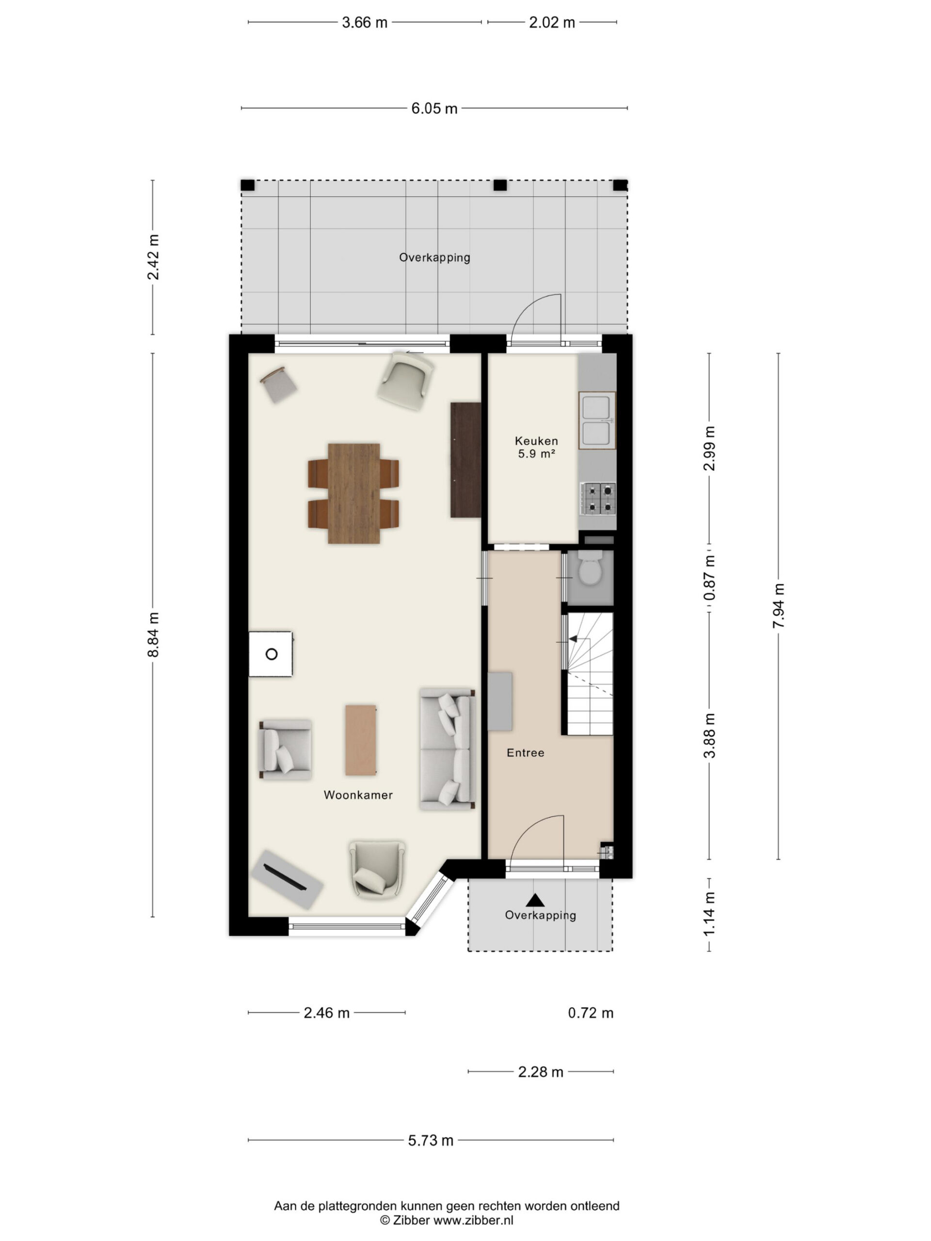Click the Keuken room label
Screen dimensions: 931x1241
click(536, 441)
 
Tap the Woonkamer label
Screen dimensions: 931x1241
click(358, 795)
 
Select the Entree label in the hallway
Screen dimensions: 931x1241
click(525, 753)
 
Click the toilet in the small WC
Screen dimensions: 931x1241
click(590, 568)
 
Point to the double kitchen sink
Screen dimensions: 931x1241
click(597, 420)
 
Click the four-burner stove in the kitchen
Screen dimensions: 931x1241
click(598, 499)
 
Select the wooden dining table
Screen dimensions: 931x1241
click(353, 493)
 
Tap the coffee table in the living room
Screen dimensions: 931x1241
click(360, 740)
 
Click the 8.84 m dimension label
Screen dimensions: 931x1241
click(153, 635)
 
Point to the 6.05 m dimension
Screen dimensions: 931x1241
click(434, 108)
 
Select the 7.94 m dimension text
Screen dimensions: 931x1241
click(778, 606)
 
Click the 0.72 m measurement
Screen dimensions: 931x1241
click(591, 1013)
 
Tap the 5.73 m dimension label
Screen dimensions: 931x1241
click(431, 1141)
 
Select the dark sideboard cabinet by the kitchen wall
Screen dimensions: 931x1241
click(466, 460)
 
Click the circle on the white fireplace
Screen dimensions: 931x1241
click(272, 653)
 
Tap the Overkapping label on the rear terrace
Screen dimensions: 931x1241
click(434, 257)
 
